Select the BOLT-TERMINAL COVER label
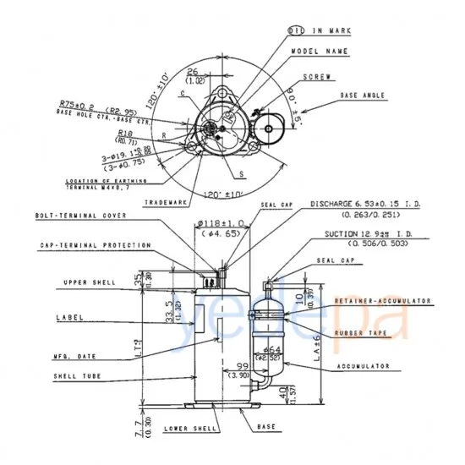pos(81,216)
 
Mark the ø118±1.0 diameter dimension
pos(222,223)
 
